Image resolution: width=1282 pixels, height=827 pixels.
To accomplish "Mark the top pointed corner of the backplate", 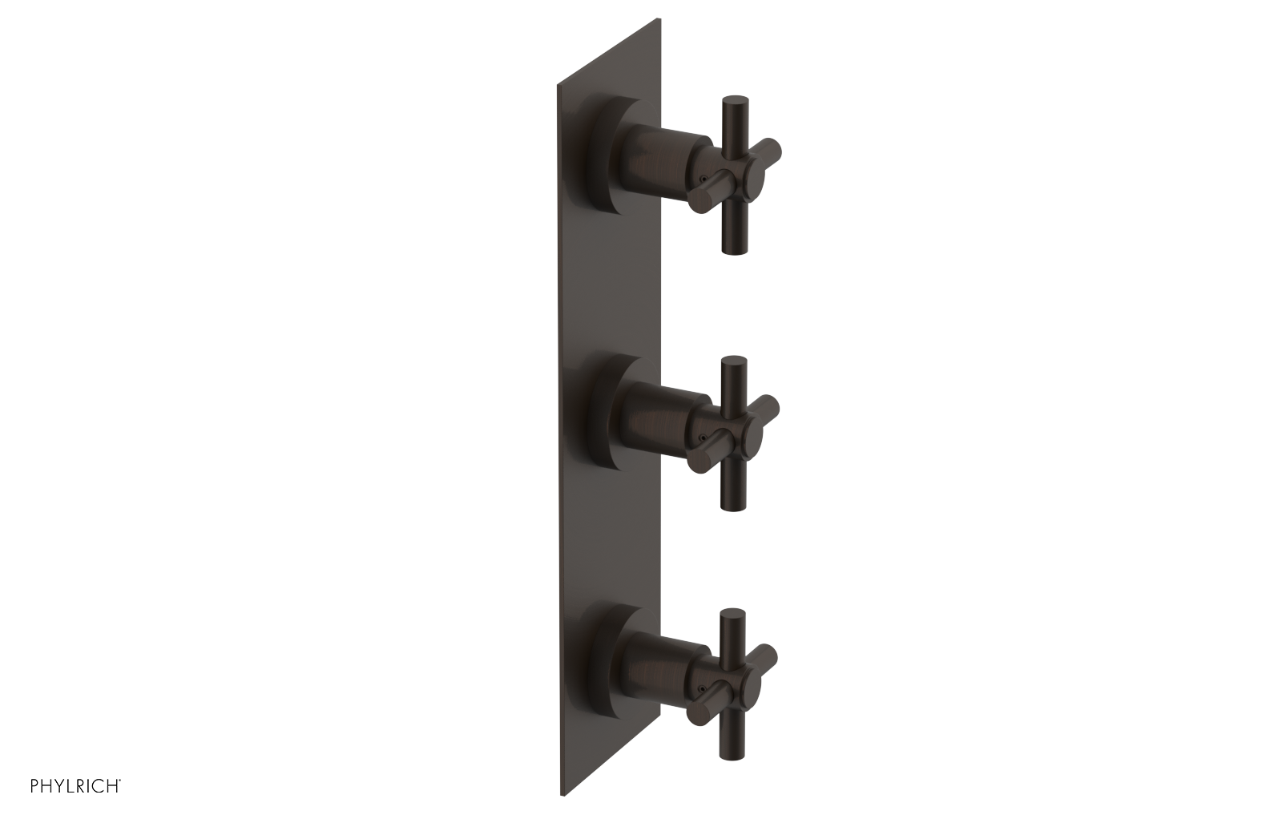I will (659, 18).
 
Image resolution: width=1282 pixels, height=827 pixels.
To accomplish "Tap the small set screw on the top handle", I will (702, 178).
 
